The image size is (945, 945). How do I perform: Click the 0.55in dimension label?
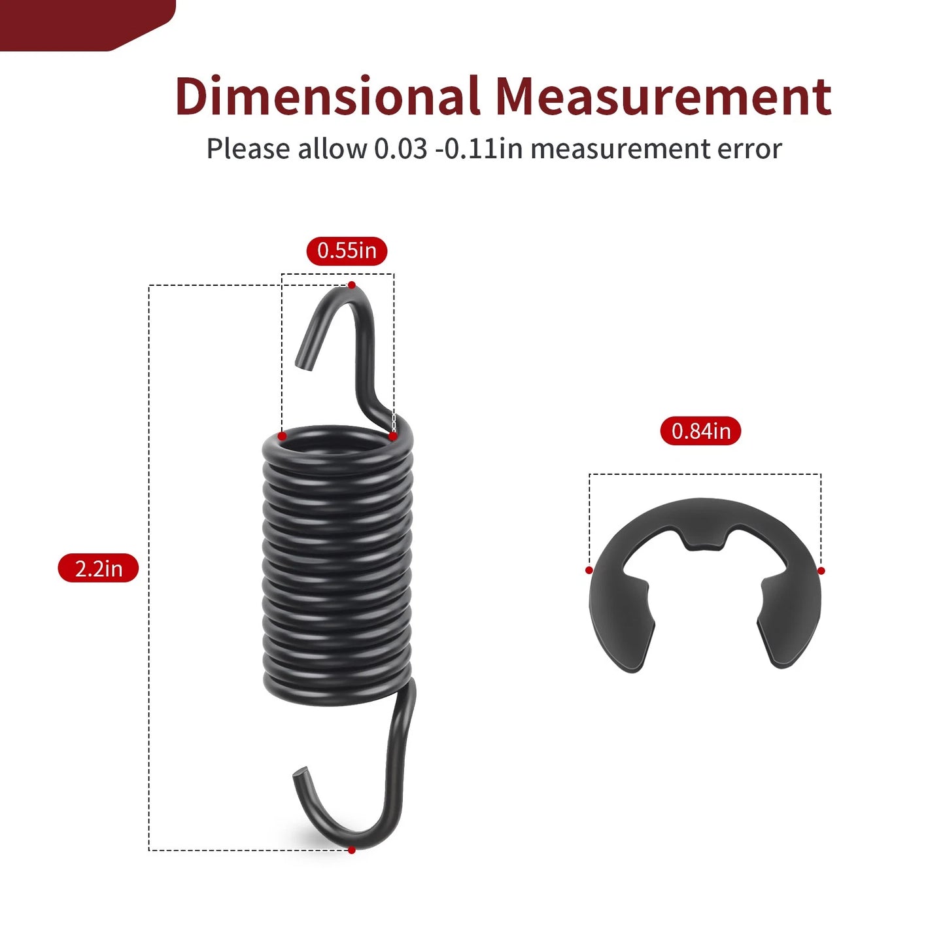(347, 250)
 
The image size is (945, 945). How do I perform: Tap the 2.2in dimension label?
(98, 568)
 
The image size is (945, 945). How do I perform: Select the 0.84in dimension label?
(701, 430)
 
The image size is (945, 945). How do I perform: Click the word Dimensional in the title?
(326, 96)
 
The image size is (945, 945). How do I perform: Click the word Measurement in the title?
(663, 96)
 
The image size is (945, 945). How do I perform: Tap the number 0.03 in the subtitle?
(400, 148)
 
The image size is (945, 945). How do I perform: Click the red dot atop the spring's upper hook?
(352, 285)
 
